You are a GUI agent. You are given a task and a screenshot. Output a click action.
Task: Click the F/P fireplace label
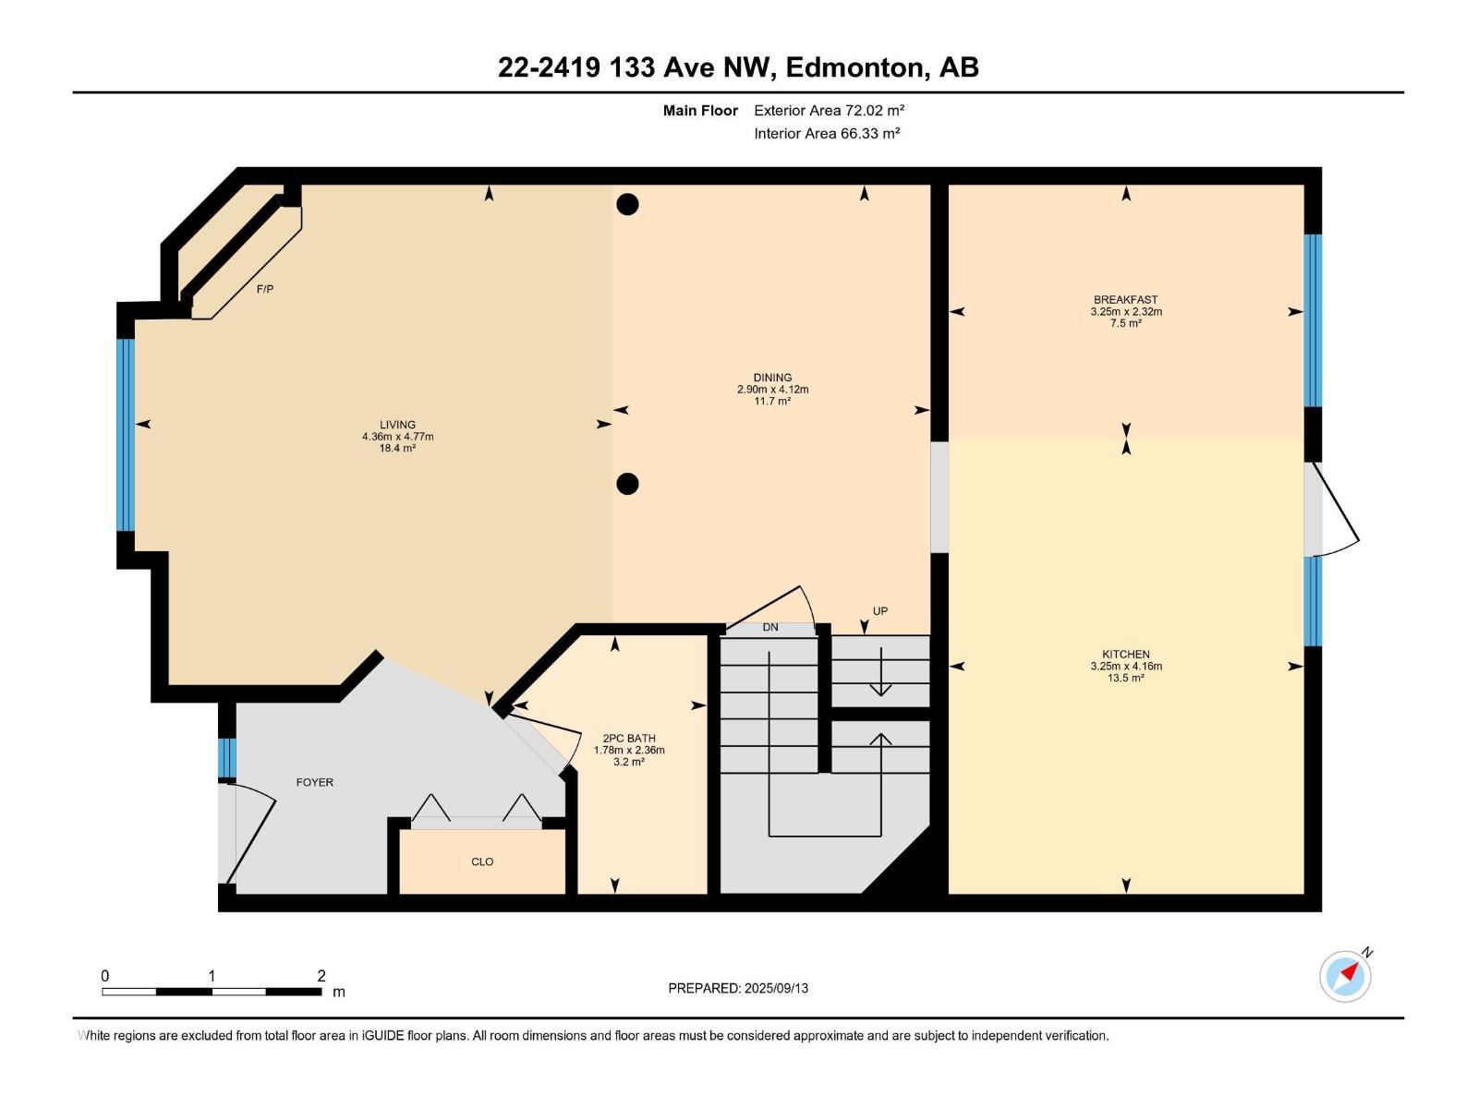pyautogui.click(x=265, y=289)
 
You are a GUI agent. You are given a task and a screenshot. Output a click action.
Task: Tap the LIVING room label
pyautogui.click(x=397, y=425)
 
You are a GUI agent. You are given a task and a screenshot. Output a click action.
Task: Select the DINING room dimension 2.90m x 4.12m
pyautogui.click(x=772, y=390)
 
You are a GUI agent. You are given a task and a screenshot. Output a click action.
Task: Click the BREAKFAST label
pyautogui.click(x=1126, y=300)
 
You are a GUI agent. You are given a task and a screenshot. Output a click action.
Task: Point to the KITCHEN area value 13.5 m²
pyautogui.click(x=1126, y=678)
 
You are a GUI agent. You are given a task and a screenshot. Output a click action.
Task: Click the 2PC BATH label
pyautogui.click(x=629, y=738)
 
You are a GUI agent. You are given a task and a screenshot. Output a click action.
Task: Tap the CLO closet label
pyautogui.click(x=482, y=861)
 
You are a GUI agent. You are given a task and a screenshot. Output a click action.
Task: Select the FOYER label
pyautogui.click(x=314, y=782)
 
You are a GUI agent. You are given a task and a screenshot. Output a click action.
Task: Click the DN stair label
pyautogui.click(x=770, y=627)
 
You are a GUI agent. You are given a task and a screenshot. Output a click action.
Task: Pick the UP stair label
pyautogui.click(x=880, y=611)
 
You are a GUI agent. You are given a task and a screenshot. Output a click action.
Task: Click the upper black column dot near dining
pyautogui.click(x=627, y=204)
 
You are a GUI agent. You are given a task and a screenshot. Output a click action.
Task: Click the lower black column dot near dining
pyautogui.click(x=627, y=484)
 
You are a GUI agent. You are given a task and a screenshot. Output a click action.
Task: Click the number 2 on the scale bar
pyautogui.click(x=321, y=975)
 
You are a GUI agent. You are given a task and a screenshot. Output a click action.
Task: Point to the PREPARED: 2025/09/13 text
pyautogui.click(x=738, y=988)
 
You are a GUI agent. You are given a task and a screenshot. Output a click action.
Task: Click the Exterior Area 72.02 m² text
pyautogui.click(x=829, y=110)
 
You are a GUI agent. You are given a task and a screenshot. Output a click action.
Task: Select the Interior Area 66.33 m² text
pyautogui.click(x=827, y=133)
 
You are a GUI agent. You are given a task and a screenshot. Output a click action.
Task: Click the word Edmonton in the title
pyautogui.click(x=854, y=67)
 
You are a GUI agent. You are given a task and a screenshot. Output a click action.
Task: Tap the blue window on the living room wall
pyautogui.click(x=126, y=435)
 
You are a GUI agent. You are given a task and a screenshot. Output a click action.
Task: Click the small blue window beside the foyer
pyautogui.click(x=227, y=757)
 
